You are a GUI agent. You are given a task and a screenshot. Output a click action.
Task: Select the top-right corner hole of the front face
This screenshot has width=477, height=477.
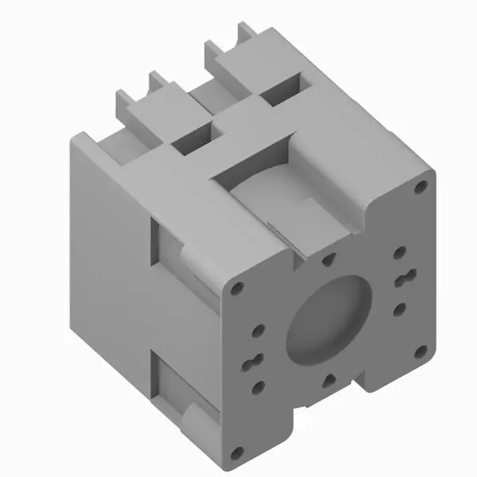[421, 188]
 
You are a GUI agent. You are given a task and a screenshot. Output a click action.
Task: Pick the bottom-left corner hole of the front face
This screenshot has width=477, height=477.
[235, 453]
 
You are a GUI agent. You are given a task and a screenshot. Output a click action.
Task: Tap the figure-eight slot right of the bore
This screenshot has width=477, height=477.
[403, 279]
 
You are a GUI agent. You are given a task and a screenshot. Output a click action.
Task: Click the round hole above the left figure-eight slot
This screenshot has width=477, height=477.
[257, 330]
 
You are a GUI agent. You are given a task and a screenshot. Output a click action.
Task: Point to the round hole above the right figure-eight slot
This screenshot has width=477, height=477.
[401, 253]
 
